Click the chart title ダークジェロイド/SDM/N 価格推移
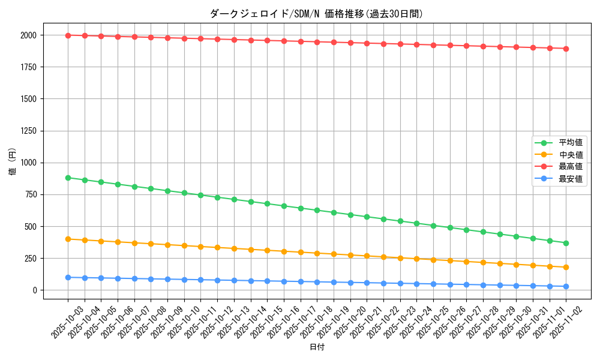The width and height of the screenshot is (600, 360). click(316, 14)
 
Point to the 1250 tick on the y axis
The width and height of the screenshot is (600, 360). click(28, 131)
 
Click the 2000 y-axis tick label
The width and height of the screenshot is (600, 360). click(28, 35)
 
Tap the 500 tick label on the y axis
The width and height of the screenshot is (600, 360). click(30, 226)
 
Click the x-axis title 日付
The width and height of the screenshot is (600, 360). click(317, 347)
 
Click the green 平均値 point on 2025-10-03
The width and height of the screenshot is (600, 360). click(68, 178)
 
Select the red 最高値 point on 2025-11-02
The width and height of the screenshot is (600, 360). click(566, 49)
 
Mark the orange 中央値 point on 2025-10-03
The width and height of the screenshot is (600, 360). click(68, 239)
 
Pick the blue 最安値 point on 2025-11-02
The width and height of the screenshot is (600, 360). click(566, 286)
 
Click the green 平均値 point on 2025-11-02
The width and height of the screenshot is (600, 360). click(566, 243)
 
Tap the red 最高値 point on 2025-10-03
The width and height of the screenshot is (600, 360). click(68, 35)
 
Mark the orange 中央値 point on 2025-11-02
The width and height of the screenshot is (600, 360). click(566, 267)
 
